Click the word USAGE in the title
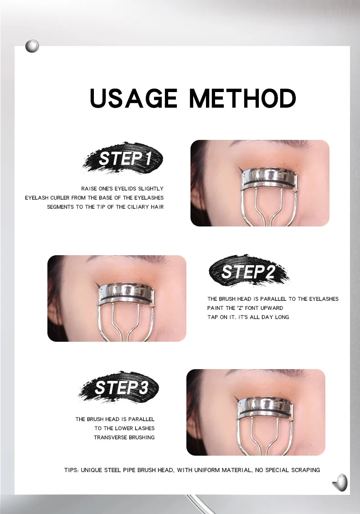133,98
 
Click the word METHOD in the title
242,98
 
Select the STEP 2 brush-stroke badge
249,272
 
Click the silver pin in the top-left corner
32,46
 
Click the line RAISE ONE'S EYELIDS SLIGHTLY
122,189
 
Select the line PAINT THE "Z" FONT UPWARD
245,308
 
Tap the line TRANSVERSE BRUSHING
124,437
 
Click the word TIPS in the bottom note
71,470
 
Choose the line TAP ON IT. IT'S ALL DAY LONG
248,317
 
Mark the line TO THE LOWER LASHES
124,428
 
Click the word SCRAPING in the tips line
304,470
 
